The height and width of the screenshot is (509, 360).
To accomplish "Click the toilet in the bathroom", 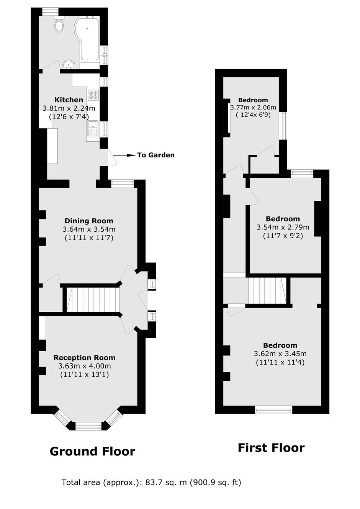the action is point(59,24).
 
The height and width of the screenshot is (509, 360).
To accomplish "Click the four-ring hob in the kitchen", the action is point(93,95).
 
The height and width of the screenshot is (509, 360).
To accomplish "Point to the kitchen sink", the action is point(93,129).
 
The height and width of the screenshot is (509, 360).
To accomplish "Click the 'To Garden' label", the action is point(156,155).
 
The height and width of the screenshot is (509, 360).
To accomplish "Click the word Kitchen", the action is point(69,100).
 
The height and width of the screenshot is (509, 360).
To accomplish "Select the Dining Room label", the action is point(89,221).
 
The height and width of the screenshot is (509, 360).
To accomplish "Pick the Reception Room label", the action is point(84,357).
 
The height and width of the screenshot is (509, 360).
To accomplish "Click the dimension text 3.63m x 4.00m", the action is point(85,366).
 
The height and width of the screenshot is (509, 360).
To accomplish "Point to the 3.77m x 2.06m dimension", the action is point(253,107).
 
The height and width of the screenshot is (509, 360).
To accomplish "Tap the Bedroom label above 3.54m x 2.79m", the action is point(283,219).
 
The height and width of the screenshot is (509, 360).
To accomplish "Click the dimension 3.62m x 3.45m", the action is point(280,354).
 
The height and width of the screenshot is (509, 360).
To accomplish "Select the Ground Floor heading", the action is point(93,452).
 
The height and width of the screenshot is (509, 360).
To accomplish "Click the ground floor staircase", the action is point(93,300).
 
